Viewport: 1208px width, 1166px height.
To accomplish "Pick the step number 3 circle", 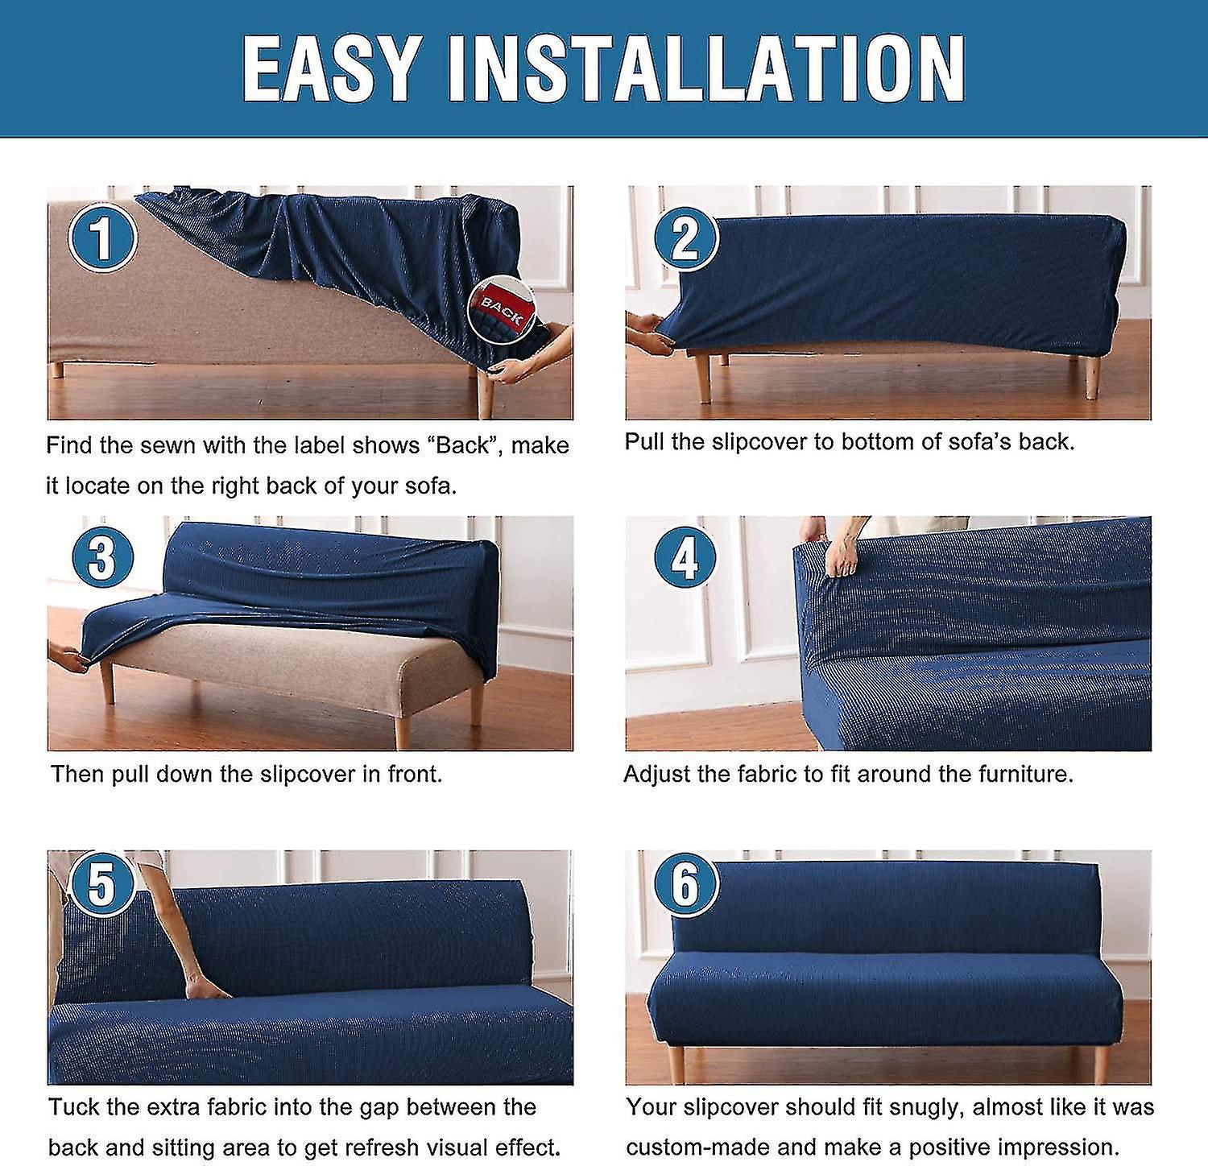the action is [x=102, y=556].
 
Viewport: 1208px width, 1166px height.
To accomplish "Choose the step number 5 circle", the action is [x=102, y=885].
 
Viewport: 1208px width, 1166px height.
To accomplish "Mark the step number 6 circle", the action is [x=685, y=885].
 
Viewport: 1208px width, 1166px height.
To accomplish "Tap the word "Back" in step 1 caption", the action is [x=463, y=445].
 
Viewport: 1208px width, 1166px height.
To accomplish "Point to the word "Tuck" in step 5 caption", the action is [x=73, y=1107].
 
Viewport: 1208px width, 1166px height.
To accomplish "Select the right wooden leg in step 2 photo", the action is [x=1091, y=378].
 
